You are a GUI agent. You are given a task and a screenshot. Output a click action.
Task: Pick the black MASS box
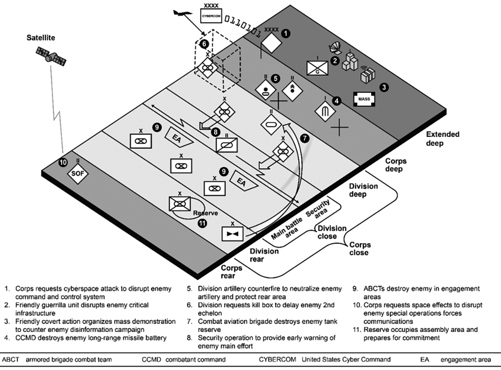tap(364, 100)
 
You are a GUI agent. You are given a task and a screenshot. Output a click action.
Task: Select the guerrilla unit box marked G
tap(317, 67)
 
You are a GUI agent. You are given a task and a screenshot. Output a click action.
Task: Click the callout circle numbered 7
tap(304, 138)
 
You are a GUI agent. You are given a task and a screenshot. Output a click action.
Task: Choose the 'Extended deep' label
tap(443, 139)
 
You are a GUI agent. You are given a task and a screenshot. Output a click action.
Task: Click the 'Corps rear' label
tap(232, 271)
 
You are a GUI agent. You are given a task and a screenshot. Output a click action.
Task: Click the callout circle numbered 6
tap(204, 43)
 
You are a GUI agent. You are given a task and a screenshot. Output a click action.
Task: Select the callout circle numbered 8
tap(216, 132)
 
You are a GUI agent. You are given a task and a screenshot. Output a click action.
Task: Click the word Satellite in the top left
tap(39, 38)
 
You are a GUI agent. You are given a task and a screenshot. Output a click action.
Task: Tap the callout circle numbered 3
tap(384, 88)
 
